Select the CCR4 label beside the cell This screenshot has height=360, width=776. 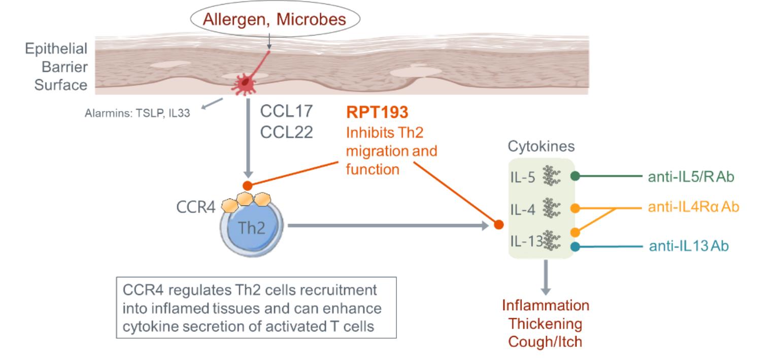coord(195,208)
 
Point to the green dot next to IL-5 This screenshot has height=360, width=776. coord(575,177)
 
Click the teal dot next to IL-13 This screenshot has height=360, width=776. coord(575,247)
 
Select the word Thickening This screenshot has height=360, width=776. coord(546,324)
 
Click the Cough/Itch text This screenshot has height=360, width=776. coord(546,341)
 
